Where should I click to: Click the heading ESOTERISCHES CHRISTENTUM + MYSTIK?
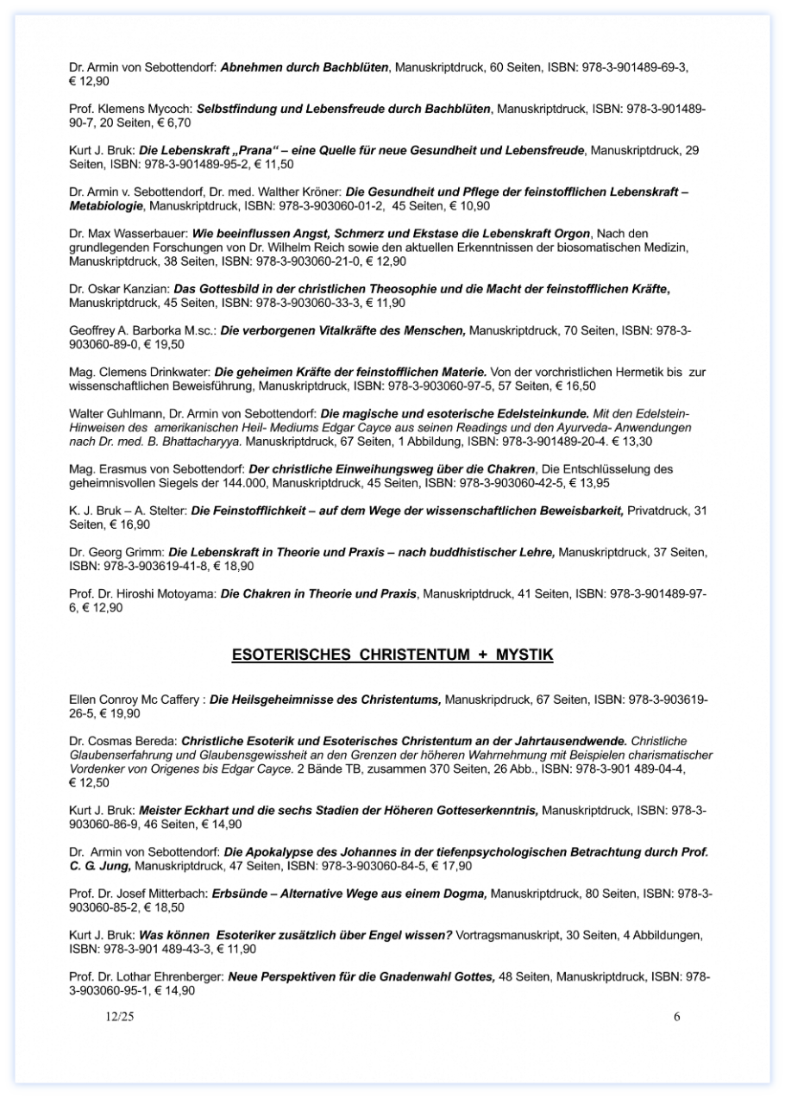(392, 656)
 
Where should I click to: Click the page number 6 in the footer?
(677, 1016)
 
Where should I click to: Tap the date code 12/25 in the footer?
(120, 1016)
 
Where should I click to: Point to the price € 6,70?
(157, 123)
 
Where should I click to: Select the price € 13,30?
(630, 441)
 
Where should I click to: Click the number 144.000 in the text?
(244, 483)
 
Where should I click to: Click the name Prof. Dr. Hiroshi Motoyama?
(142, 593)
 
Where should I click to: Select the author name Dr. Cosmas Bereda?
(122, 740)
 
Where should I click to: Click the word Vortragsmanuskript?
(509, 935)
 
